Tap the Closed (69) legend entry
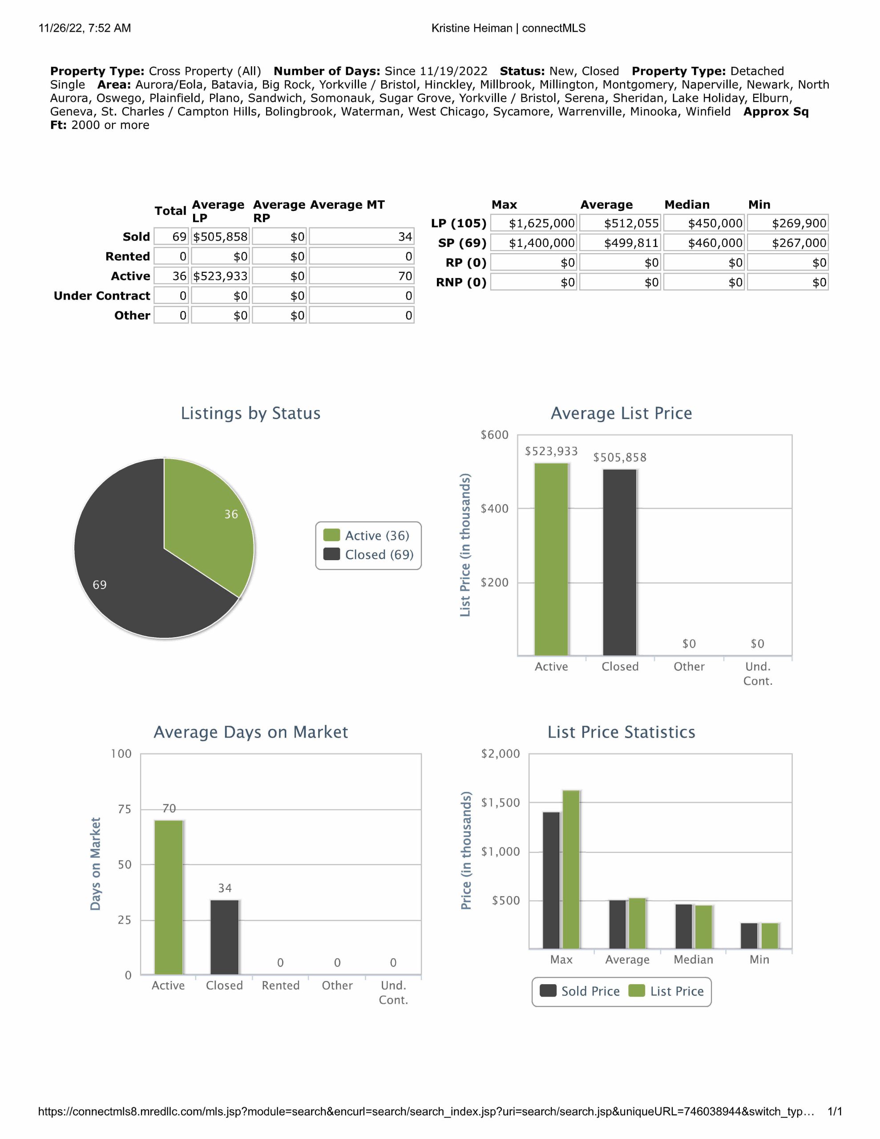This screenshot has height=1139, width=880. coord(369,554)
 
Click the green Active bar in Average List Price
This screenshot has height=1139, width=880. coord(551,558)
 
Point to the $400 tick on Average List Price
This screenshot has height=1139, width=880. coord(494,509)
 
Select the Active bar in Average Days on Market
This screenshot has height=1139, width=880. coord(169,897)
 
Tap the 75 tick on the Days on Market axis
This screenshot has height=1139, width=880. coord(125,809)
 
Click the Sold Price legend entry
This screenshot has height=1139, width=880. coord(580,991)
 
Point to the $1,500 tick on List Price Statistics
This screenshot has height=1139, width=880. coord(500,803)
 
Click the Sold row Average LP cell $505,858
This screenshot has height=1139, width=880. coord(220,237)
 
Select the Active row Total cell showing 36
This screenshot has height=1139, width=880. coord(172,276)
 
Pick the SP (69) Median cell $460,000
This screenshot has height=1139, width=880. coord(704,243)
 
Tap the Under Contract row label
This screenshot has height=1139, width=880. coord(102,296)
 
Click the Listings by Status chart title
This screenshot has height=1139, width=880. coord(250,413)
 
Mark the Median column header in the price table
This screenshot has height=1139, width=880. coord(686,204)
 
